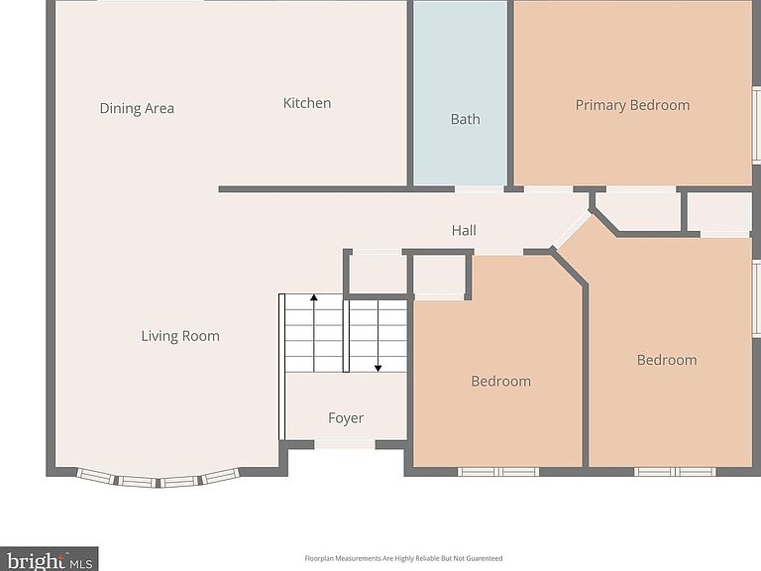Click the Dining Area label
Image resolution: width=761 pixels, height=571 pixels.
pos(137,108)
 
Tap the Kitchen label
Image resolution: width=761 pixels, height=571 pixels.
pos(307,103)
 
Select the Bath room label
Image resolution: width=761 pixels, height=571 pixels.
pos(466,119)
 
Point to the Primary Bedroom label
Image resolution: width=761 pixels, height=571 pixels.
pos(632,105)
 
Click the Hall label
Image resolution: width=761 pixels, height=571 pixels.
pos(464,230)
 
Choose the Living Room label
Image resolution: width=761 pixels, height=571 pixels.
pos(180,336)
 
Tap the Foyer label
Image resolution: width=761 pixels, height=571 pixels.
pos(346,418)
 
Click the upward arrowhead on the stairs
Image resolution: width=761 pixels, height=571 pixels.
pos(314,297)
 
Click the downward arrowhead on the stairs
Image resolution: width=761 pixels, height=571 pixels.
pos(379,369)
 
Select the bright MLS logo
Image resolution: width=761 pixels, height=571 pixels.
pos(49,559)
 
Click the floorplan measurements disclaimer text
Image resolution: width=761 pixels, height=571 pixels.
pos(403,558)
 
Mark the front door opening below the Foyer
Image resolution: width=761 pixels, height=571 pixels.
pos(345,444)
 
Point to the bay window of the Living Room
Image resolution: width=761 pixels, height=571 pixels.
pos(159,479)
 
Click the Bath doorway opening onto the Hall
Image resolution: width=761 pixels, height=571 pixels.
pos(479,189)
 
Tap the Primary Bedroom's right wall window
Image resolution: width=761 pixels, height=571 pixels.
pos(757,124)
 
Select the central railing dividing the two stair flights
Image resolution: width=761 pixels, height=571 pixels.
pos(346,336)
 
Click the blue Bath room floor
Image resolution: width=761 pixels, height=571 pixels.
pos(460,92)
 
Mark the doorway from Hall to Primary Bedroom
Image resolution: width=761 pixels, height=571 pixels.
pos(548,189)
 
